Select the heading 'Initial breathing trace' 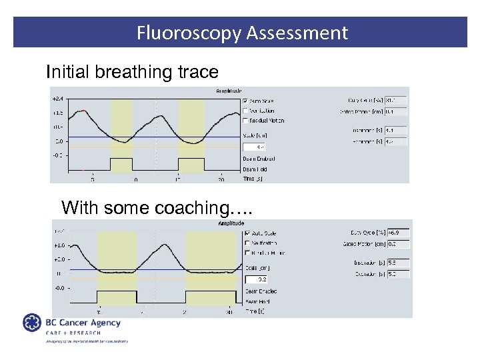coord(132,72)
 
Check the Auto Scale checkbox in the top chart coord(246,101)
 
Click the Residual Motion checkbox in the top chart coord(246,121)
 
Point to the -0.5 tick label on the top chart coord(58,155)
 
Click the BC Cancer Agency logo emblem coord(32,324)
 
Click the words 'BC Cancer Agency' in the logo coord(83,323)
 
